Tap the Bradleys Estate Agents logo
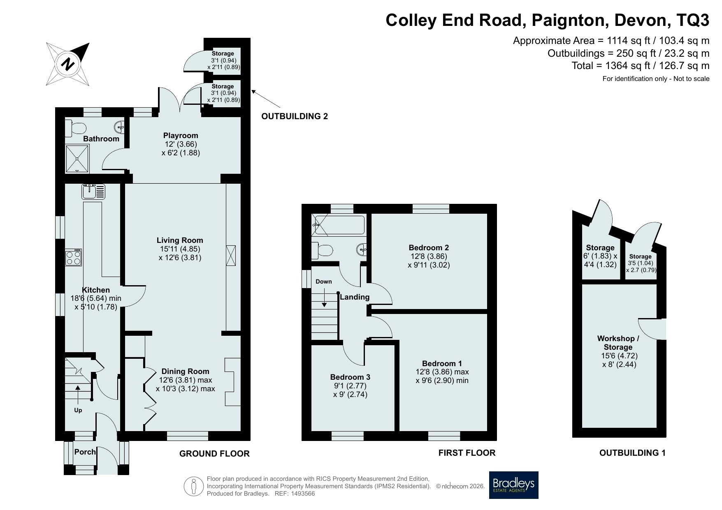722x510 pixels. pyautogui.click(x=513, y=485)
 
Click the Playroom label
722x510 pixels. pyautogui.click(x=181, y=136)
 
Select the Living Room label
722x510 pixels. pyautogui.click(x=180, y=240)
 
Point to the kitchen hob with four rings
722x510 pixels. pyautogui.click(x=73, y=257)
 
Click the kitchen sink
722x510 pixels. pyautogui.click(x=93, y=192)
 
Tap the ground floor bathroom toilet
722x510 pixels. pyautogui.click(x=75, y=129)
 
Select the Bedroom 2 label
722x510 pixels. pyautogui.click(x=429, y=248)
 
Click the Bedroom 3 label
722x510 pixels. pyautogui.click(x=350, y=377)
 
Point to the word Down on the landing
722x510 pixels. pyautogui.click(x=324, y=282)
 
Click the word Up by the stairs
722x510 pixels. pyautogui.click(x=78, y=410)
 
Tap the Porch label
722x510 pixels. pyautogui.click(x=85, y=452)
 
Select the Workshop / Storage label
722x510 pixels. pyautogui.click(x=618, y=343)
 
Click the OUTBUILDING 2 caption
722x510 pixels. pyautogui.click(x=295, y=116)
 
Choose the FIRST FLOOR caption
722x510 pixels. pyautogui.click(x=467, y=453)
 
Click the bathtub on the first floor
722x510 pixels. pyautogui.click(x=338, y=225)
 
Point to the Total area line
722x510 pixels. pyautogui.click(x=641, y=66)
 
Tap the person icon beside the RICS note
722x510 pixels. pyautogui.click(x=194, y=486)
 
